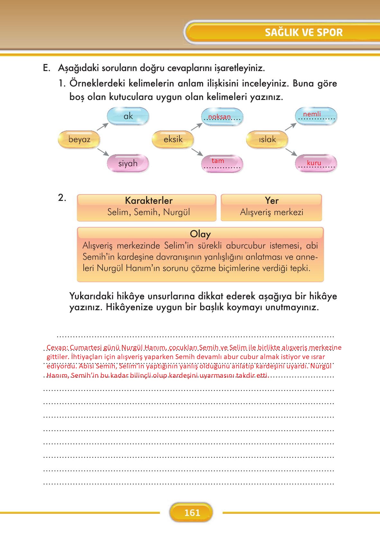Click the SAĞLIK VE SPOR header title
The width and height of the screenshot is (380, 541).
pyautogui.click(x=304, y=32)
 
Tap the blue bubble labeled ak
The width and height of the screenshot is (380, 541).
pyautogui.click(x=128, y=116)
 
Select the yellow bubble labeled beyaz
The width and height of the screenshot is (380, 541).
pyautogui.click(x=79, y=140)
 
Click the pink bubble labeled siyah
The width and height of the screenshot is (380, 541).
pyautogui.click(x=128, y=163)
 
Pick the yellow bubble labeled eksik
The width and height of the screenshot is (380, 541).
pyautogui.click(x=173, y=139)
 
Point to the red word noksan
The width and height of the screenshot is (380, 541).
pyautogui.click(x=219, y=117)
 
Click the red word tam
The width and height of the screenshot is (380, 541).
pyautogui.click(x=218, y=161)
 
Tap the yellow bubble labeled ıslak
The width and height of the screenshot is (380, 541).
pyautogui.click(x=267, y=139)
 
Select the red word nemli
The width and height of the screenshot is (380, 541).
pyautogui.click(x=312, y=114)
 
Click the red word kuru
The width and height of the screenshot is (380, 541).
pyautogui.click(x=314, y=163)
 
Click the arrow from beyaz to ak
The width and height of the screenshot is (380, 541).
pyautogui.click(x=103, y=127)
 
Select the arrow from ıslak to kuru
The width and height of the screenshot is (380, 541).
pyautogui.click(x=291, y=152)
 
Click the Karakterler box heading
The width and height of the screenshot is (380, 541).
pyautogui.click(x=149, y=201)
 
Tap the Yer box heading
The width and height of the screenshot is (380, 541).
pyautogui.click(x=272, y=201)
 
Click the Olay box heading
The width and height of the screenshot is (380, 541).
pyautogui.click(x=200, y=234)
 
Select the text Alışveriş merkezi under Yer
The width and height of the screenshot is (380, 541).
pyautogui.click(x=272, y=212)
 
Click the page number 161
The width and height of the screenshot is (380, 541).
pyautogui.click(x=192, y=513)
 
